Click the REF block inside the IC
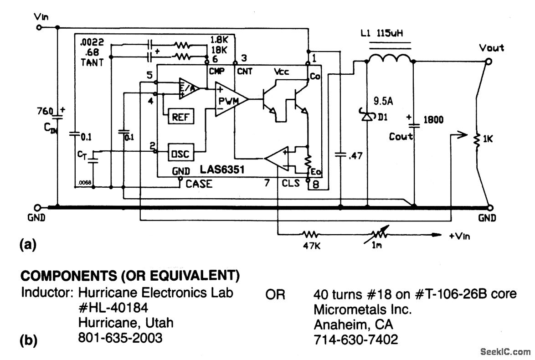coord(181,117)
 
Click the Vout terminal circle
coord(489,62)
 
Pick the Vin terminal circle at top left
coord(40,27)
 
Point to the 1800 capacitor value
coord(433,120)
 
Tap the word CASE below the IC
coord(199,184)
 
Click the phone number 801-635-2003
coord(120,338)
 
